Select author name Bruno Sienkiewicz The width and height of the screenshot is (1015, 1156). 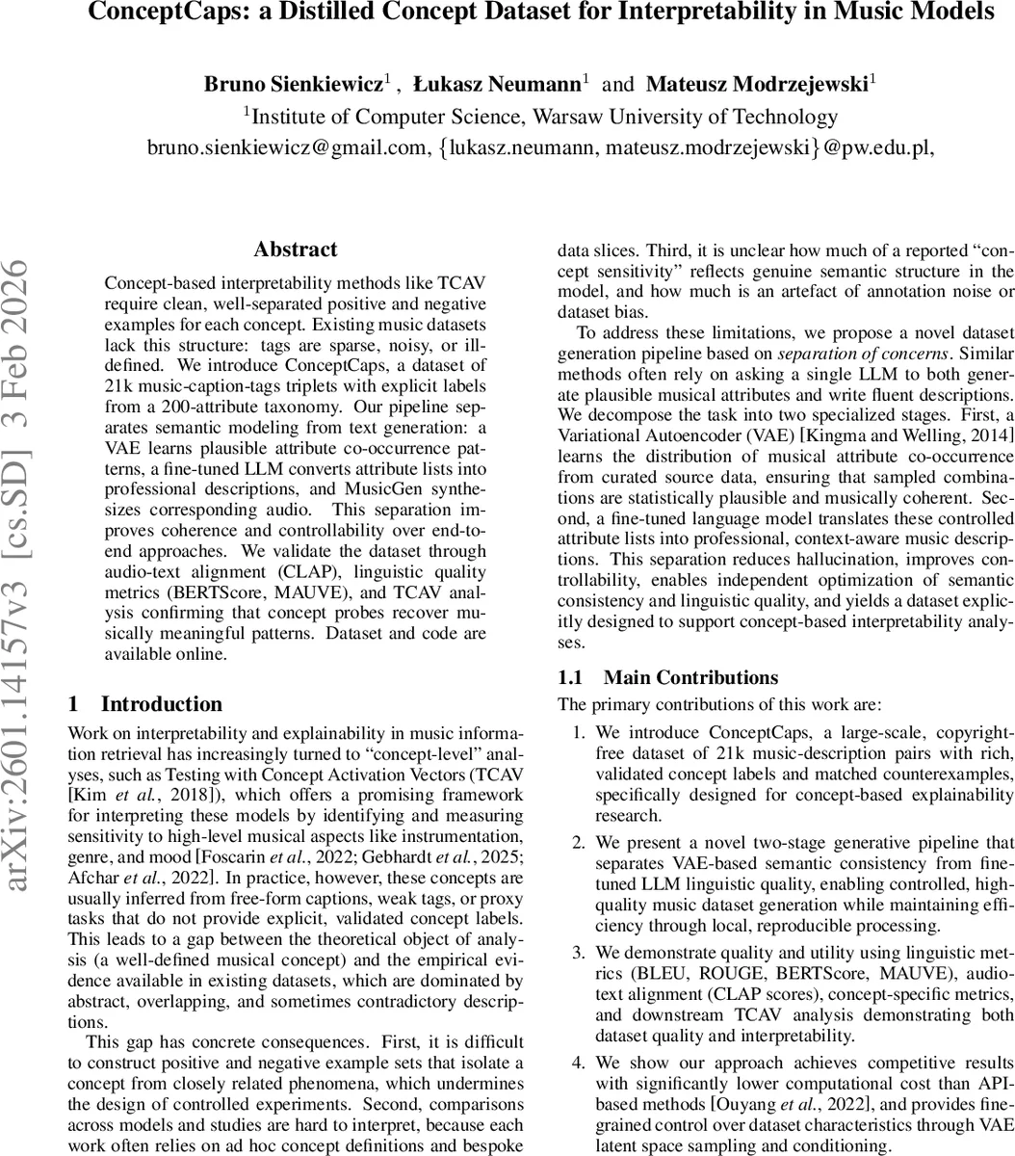point(293,84)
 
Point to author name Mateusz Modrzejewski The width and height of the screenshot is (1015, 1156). point(757,84)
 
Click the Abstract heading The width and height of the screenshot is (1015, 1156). point(295,250)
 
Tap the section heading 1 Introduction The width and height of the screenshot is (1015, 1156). point(145,704)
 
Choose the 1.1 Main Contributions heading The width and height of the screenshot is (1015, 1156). point(668,677)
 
